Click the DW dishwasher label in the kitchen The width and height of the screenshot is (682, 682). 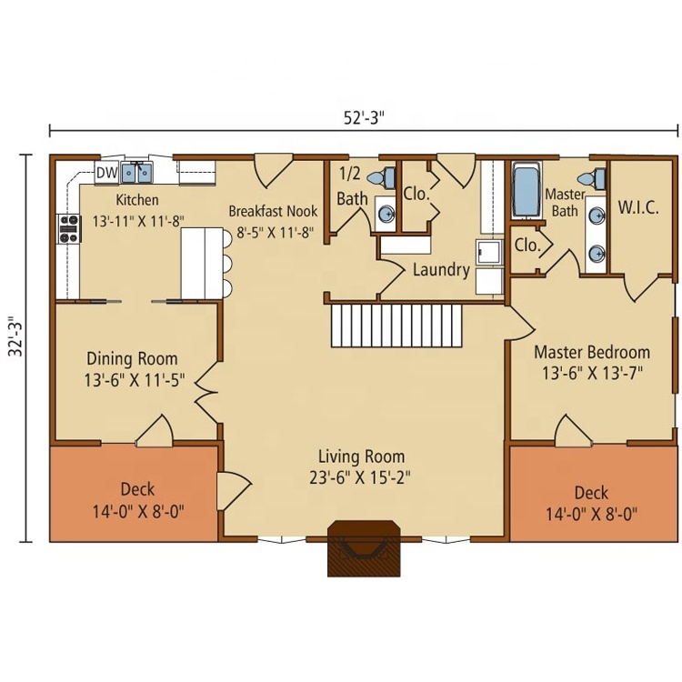click(106, 173)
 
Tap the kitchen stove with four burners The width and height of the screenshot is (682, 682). click(69, 228)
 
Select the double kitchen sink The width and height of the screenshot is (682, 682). click(136, 172)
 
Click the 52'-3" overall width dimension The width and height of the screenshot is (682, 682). click(364, 117)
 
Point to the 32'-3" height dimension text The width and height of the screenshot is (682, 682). click(16, 336)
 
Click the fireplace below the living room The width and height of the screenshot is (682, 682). click(364, 548)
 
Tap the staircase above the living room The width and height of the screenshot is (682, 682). click(396, 326)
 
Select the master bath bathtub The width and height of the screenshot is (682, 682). click(527, 190)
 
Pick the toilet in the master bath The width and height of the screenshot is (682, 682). click(592, 178)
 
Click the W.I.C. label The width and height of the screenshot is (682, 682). click(638, 207)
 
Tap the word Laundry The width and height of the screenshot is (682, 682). click(441, 270)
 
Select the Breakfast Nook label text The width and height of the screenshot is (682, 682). click(273, 211)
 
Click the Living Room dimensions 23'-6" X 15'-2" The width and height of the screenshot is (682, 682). click(360, 478)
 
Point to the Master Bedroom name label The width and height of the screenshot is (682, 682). click(592, 352)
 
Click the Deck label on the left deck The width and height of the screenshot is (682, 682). click(137, 489)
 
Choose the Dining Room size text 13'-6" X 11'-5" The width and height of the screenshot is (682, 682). click(135, 380)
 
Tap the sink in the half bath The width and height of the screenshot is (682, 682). click(386, 214)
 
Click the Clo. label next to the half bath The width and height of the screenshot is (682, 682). click(416, 194)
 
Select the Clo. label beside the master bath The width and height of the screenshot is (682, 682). click(527, 246)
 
